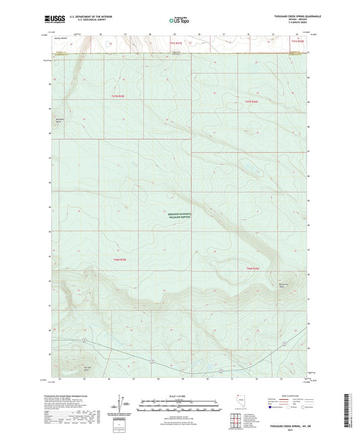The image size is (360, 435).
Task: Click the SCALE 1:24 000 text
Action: [x=180, y=394]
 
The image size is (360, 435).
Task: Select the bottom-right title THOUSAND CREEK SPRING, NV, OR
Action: [x=294, y=427]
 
